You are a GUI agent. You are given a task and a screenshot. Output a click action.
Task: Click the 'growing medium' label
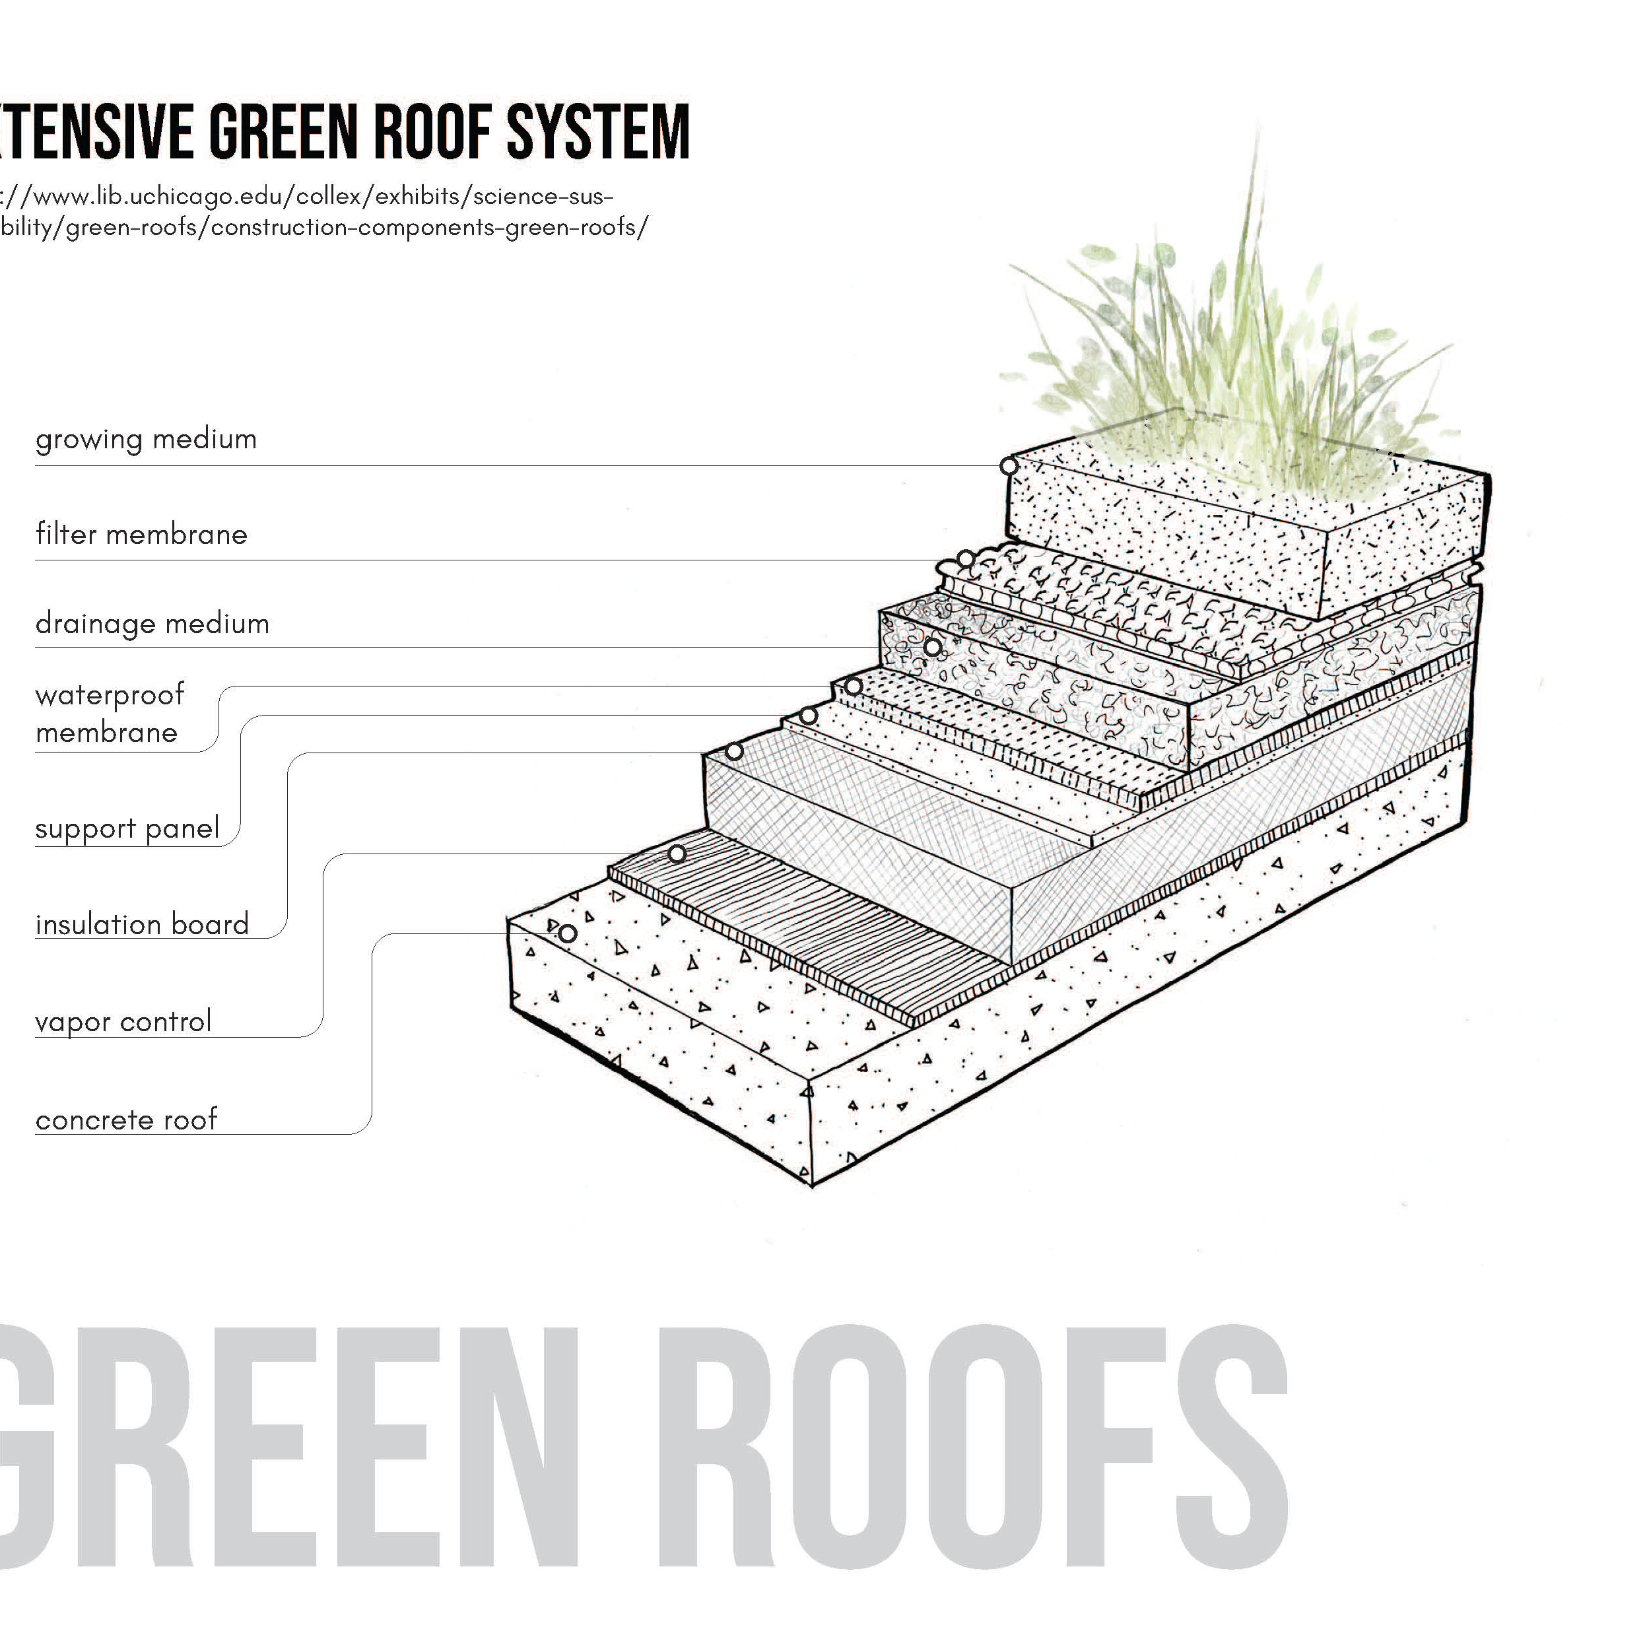pos(146,440)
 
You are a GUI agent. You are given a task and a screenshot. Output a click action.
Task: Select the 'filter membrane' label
pos(141,535)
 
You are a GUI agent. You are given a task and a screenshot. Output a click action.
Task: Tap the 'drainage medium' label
pos(152,624)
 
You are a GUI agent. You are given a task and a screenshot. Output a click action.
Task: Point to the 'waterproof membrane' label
pos(109,714)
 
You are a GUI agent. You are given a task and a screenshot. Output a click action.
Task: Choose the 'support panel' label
pos(127,828)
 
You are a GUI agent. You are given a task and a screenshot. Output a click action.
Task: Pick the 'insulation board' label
pos(142,925)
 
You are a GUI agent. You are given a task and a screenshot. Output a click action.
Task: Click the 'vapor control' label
pos(123,1022)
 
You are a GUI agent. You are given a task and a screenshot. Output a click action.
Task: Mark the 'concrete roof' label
pos(126,1120)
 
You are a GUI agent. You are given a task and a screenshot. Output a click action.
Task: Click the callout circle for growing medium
pos(1009,467)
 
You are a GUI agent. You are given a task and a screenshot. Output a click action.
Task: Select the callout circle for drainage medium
pos(933,648)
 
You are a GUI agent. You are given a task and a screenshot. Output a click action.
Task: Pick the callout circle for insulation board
pos(735,752)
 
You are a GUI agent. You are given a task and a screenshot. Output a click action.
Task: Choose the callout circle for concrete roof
pos(568,934)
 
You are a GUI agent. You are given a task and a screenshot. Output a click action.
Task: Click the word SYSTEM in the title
pos(597,132)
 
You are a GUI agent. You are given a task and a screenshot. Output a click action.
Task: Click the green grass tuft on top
pos(1234,358)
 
